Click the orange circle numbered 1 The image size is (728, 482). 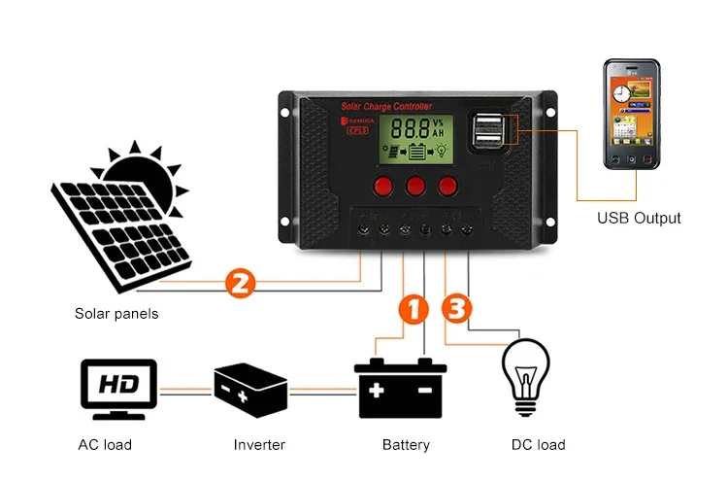(x=413, y=309)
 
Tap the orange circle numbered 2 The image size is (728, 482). (x=240, y=283)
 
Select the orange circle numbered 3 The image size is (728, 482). (x=458, y=309)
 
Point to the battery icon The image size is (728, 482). (x=400, y=388)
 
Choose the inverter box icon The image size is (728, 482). (x=250, y=389)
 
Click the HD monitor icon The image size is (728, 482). (x=117, y=388)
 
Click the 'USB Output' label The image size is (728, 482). (x=638, y=218)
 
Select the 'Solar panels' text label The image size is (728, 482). (x=116, y=314)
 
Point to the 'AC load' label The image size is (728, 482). (x=105, y=445)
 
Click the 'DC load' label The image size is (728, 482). (x=538, y=445)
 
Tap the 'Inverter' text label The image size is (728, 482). (x=259, y=445)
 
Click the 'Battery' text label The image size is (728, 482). (x=406, y=445)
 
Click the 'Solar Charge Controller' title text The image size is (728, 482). (x=386, y=105)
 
